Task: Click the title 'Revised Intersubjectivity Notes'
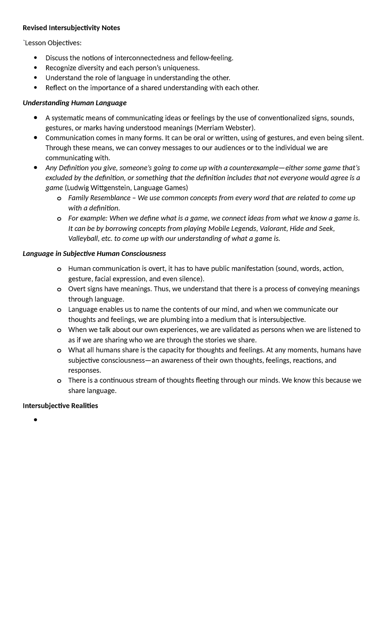click(x=71, y=28)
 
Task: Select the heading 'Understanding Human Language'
click(x=74, y=103)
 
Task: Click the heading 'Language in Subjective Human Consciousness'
click(x=94, y=254)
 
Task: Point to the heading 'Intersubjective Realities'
click(x=60, y=406)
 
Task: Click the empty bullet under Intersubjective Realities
click(x=35, y=420)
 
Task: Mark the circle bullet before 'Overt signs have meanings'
click(x=59, y=289)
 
